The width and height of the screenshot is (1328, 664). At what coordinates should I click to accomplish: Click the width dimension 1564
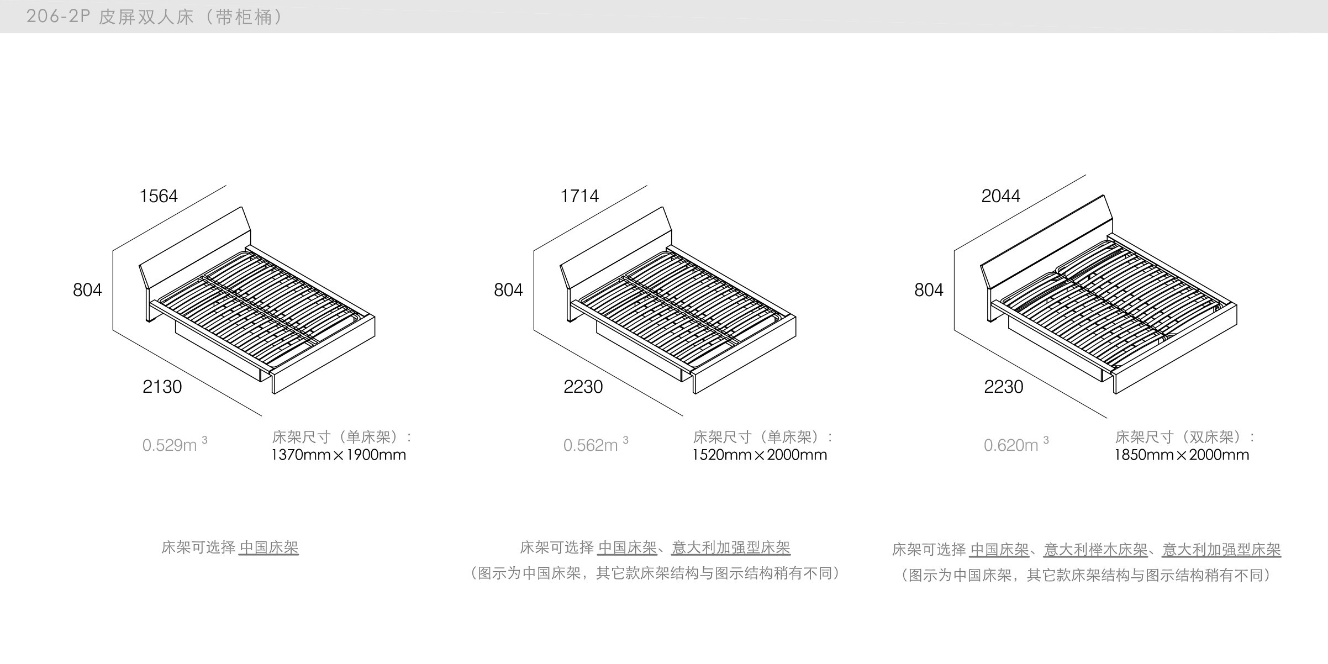(x=159, y=196)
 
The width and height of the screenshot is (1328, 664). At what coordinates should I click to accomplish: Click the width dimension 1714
(x=579, y=196)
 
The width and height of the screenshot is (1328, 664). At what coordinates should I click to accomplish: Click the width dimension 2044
(x=1000, y=196)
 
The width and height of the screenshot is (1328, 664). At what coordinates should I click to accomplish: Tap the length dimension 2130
(x=162, y=387)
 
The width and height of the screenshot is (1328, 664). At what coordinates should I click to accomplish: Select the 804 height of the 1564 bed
(x=87, y=290)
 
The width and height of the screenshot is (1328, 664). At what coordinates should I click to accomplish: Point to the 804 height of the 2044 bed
(x=929, y=290)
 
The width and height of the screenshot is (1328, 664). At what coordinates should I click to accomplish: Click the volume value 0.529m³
(x=174, y=445)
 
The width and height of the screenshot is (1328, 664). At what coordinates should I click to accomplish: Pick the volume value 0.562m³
(x=595, y=445)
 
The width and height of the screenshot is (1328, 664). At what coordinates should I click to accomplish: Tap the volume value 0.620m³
(x=1015, y=445)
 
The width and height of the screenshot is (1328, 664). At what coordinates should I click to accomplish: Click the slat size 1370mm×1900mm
(x=339, y=455)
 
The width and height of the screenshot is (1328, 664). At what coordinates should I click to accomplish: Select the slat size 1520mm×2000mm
(x=760, y=455)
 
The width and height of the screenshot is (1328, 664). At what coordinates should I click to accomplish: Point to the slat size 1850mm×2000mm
(x=1182, y=455)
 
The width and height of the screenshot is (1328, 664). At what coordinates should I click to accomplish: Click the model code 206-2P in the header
(x=58, y=17)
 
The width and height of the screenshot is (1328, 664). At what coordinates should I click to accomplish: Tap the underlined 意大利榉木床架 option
(x=1095, y=550)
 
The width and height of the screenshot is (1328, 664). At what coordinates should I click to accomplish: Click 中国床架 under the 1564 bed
(x=268, y=547)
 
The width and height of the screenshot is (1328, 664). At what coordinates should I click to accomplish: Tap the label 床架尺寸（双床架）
(x=1184, y=437)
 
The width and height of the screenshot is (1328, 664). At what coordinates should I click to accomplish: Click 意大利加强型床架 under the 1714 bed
(x=731, y=547)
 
